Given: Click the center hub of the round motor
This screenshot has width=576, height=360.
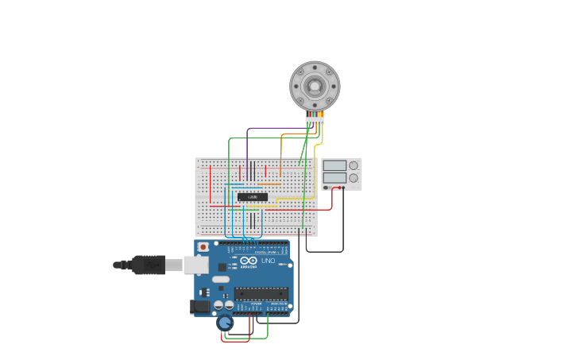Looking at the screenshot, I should pos(315,86).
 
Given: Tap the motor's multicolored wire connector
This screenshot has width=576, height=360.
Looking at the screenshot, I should pos(315,119).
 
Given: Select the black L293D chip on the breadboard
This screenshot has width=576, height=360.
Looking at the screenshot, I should pos(253,196).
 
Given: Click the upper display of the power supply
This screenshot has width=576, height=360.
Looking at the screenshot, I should pos(334,165).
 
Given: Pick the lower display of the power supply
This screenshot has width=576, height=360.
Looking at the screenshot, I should pos(334,178).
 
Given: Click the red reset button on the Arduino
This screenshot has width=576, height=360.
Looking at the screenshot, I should pos(203,247).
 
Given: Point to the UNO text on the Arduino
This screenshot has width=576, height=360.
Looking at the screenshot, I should pos(269,261).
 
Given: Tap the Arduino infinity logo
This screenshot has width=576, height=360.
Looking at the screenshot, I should pos(249,261).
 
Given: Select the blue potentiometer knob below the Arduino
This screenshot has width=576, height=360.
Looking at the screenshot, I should pos(225,323).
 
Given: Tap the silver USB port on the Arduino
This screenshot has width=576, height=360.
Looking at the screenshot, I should pos(196,265).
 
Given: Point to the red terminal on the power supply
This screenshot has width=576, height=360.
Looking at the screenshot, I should pos(340,188).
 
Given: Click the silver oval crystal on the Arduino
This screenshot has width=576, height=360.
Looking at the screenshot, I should pos(220,279).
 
